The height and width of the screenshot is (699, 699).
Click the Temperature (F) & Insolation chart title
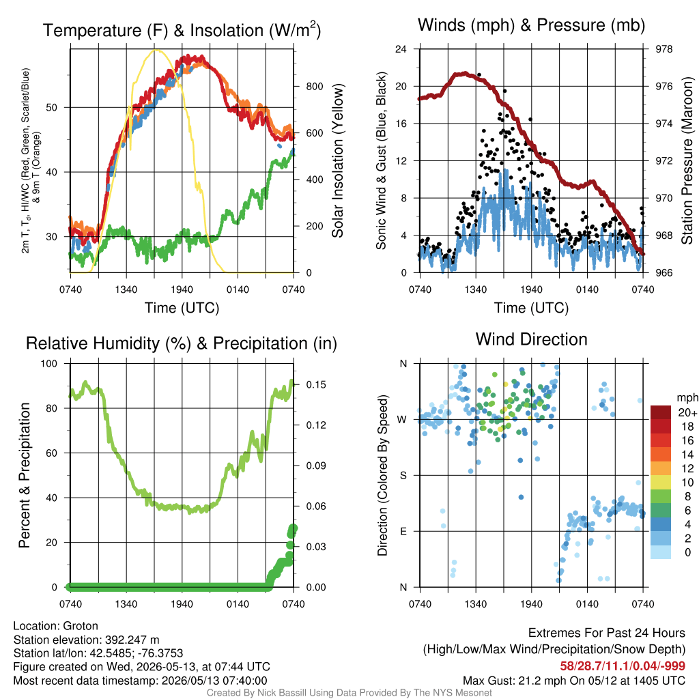click(x=182, y=30)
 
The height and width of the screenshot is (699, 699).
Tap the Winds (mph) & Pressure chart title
click(x=531, y=25)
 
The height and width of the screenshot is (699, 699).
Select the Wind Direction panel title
click(x=531, y=339)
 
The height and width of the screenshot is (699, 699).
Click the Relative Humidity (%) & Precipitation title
click(x=182, y=343)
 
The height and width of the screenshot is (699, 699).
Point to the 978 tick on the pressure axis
click(x=664, y=49)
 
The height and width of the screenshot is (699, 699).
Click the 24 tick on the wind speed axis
click(x=401, y=49)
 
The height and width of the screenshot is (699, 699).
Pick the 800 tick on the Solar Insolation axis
click(x=314, y=87)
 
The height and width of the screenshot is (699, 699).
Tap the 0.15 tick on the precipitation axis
click(x=316, y=385)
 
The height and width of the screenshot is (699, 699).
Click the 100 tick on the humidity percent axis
click(x=49, y=364)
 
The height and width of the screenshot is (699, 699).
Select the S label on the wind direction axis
click(x=403, y=476)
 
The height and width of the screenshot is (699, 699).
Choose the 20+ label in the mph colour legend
click(x=687, y=413)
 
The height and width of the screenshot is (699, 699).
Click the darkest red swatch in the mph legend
click(x=661, y=412)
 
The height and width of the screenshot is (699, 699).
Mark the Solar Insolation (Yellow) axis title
click(x=337, y=161)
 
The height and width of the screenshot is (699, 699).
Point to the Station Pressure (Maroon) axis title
click(x=687, y=161)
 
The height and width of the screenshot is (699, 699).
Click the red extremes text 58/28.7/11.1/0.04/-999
click(x=623, y=666)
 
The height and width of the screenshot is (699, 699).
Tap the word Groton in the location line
click(x=81, y=626)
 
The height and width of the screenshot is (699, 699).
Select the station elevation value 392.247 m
click(x=132, y=640)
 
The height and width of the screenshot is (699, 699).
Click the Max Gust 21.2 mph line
click(x=573, y=681)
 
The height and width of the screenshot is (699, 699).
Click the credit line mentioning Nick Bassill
click(x=349, y=693)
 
